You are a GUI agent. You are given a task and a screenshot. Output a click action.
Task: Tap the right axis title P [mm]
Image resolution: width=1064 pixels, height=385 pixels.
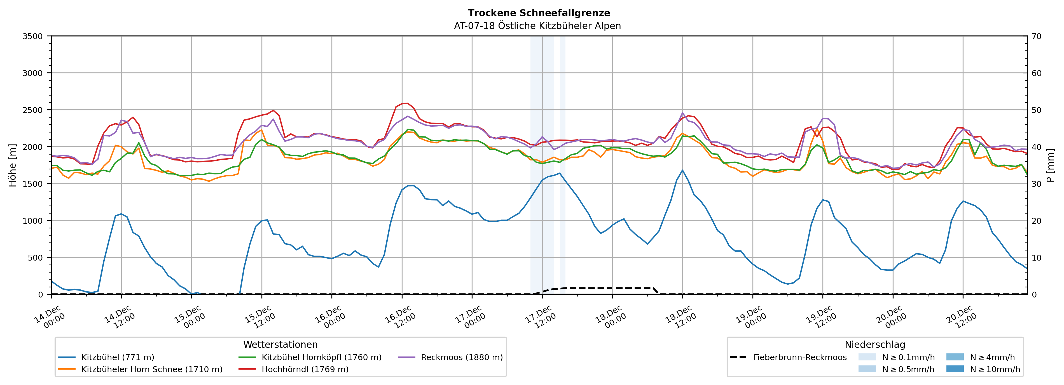coord(1050,165)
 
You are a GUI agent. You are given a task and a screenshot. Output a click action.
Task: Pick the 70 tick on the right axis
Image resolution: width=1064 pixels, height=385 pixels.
coord(1036,36)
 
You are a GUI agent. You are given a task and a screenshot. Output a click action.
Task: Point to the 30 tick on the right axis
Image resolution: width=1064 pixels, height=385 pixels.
coord(1036,184)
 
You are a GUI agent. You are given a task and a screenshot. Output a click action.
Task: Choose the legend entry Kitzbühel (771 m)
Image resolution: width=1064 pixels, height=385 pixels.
coord(118,357)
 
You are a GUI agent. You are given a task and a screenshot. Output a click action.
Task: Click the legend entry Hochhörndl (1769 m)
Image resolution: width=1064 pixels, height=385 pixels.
coord(305,369)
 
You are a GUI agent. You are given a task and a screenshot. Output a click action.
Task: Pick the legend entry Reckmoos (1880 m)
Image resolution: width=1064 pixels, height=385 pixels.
coord(461,357)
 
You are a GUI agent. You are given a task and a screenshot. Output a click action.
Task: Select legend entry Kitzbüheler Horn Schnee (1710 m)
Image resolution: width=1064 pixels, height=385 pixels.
coord(152,369)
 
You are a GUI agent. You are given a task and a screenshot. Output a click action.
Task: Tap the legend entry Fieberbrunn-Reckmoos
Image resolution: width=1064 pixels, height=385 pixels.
coord(800,357)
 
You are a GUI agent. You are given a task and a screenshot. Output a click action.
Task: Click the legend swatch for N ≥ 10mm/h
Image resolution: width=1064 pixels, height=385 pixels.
coord(955,369)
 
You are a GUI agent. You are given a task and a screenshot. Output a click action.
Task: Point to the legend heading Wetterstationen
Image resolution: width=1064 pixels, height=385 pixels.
coord(280,344)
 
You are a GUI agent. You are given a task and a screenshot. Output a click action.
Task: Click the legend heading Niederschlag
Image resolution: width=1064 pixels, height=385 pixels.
coord(875,344)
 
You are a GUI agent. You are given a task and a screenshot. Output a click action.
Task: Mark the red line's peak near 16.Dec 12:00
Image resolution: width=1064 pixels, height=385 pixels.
coord(407,103)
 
